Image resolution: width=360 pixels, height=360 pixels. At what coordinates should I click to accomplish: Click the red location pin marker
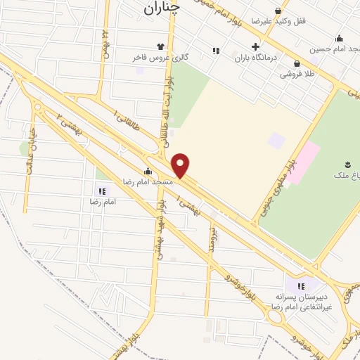[x=181, y=165]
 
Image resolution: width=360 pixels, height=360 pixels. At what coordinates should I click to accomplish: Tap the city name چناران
[x=161, y=8]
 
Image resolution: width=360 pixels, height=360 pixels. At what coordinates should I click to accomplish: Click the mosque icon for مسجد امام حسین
[x=340, y=38]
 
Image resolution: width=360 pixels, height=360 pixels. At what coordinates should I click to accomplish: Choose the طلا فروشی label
[x=297, y=73]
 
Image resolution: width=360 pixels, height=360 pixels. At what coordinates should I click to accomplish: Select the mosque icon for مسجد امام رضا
[x=148, y=171]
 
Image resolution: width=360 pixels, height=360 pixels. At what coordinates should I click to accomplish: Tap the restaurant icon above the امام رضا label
[x=103, y=191]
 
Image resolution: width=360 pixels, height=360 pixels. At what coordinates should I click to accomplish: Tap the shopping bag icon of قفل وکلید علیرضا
[x=279, y=11]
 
